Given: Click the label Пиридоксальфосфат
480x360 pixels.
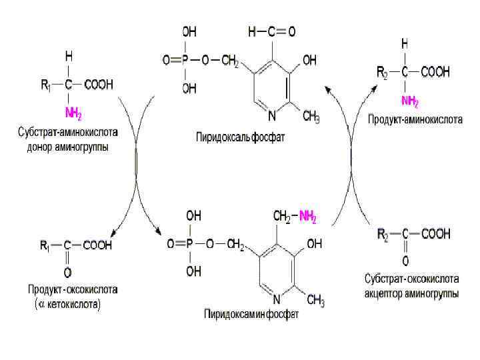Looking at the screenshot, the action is pyautogui.click(x=241, y=139).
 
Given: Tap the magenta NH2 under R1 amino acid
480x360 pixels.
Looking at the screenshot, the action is pyautogui.click(x=73, y=110).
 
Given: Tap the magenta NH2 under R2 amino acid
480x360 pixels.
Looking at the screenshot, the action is pyautogui.click(x=409, y=101).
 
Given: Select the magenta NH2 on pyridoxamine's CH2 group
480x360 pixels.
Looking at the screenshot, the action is pyautogui.click(x=307, y=217).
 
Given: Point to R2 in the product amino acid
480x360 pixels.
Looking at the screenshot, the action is pyautogui.click(x=383, y=71).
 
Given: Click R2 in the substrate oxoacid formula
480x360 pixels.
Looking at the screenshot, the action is pyautogui.click(x=383, y=233).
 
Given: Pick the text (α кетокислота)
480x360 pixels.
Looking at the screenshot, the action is pyautogui.click(x=67, y=305).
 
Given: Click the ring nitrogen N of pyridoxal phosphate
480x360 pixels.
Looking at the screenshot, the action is pyautogui.click(x=271, y=115).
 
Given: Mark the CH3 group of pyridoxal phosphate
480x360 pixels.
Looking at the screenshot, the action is pyautogui.click(x=311, y=118).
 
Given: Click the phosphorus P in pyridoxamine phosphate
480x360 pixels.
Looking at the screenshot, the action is pyautogui.click(x=190, y=245).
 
